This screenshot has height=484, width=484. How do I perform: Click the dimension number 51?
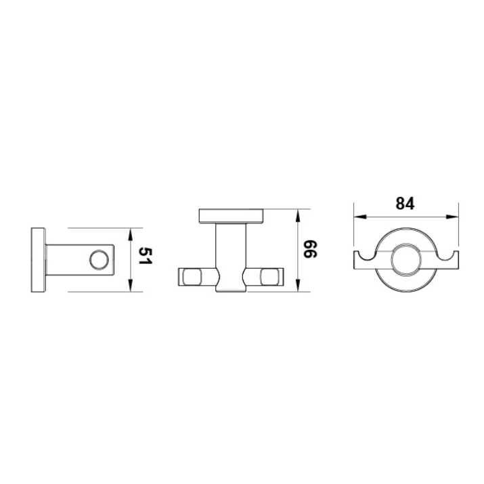click(146, 256)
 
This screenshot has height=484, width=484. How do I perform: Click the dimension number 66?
click(311, 249)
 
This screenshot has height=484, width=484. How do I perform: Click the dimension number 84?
click(405, 204)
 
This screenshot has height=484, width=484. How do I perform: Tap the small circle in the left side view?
click(99, 260)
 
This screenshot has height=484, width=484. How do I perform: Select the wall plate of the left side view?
click(39, 260)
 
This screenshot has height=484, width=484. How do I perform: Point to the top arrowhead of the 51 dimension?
click(130, 234)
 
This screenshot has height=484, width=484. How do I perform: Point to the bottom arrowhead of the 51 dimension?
click(130, 285)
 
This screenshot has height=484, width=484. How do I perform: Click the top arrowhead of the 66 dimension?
click(298, 215)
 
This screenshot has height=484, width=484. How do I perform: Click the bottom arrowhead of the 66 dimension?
click(298, 285)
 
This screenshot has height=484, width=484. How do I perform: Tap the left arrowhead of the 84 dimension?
click(360, 217)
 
